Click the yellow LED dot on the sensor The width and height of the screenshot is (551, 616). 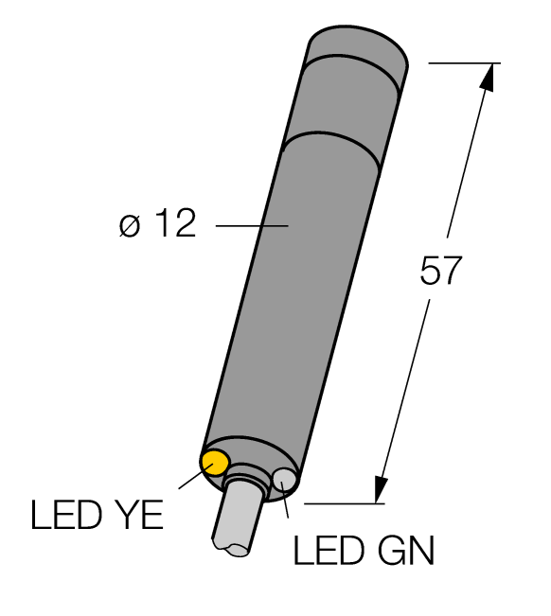[215, 462]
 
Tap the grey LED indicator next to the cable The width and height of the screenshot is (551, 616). [283, 481]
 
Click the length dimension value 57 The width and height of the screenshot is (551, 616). [439, 273]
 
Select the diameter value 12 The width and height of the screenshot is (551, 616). [171, 225]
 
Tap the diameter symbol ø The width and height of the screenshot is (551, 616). [131, 226]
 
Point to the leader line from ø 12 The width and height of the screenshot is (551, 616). [251, 225]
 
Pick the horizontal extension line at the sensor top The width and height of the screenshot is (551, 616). [464, 62]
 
